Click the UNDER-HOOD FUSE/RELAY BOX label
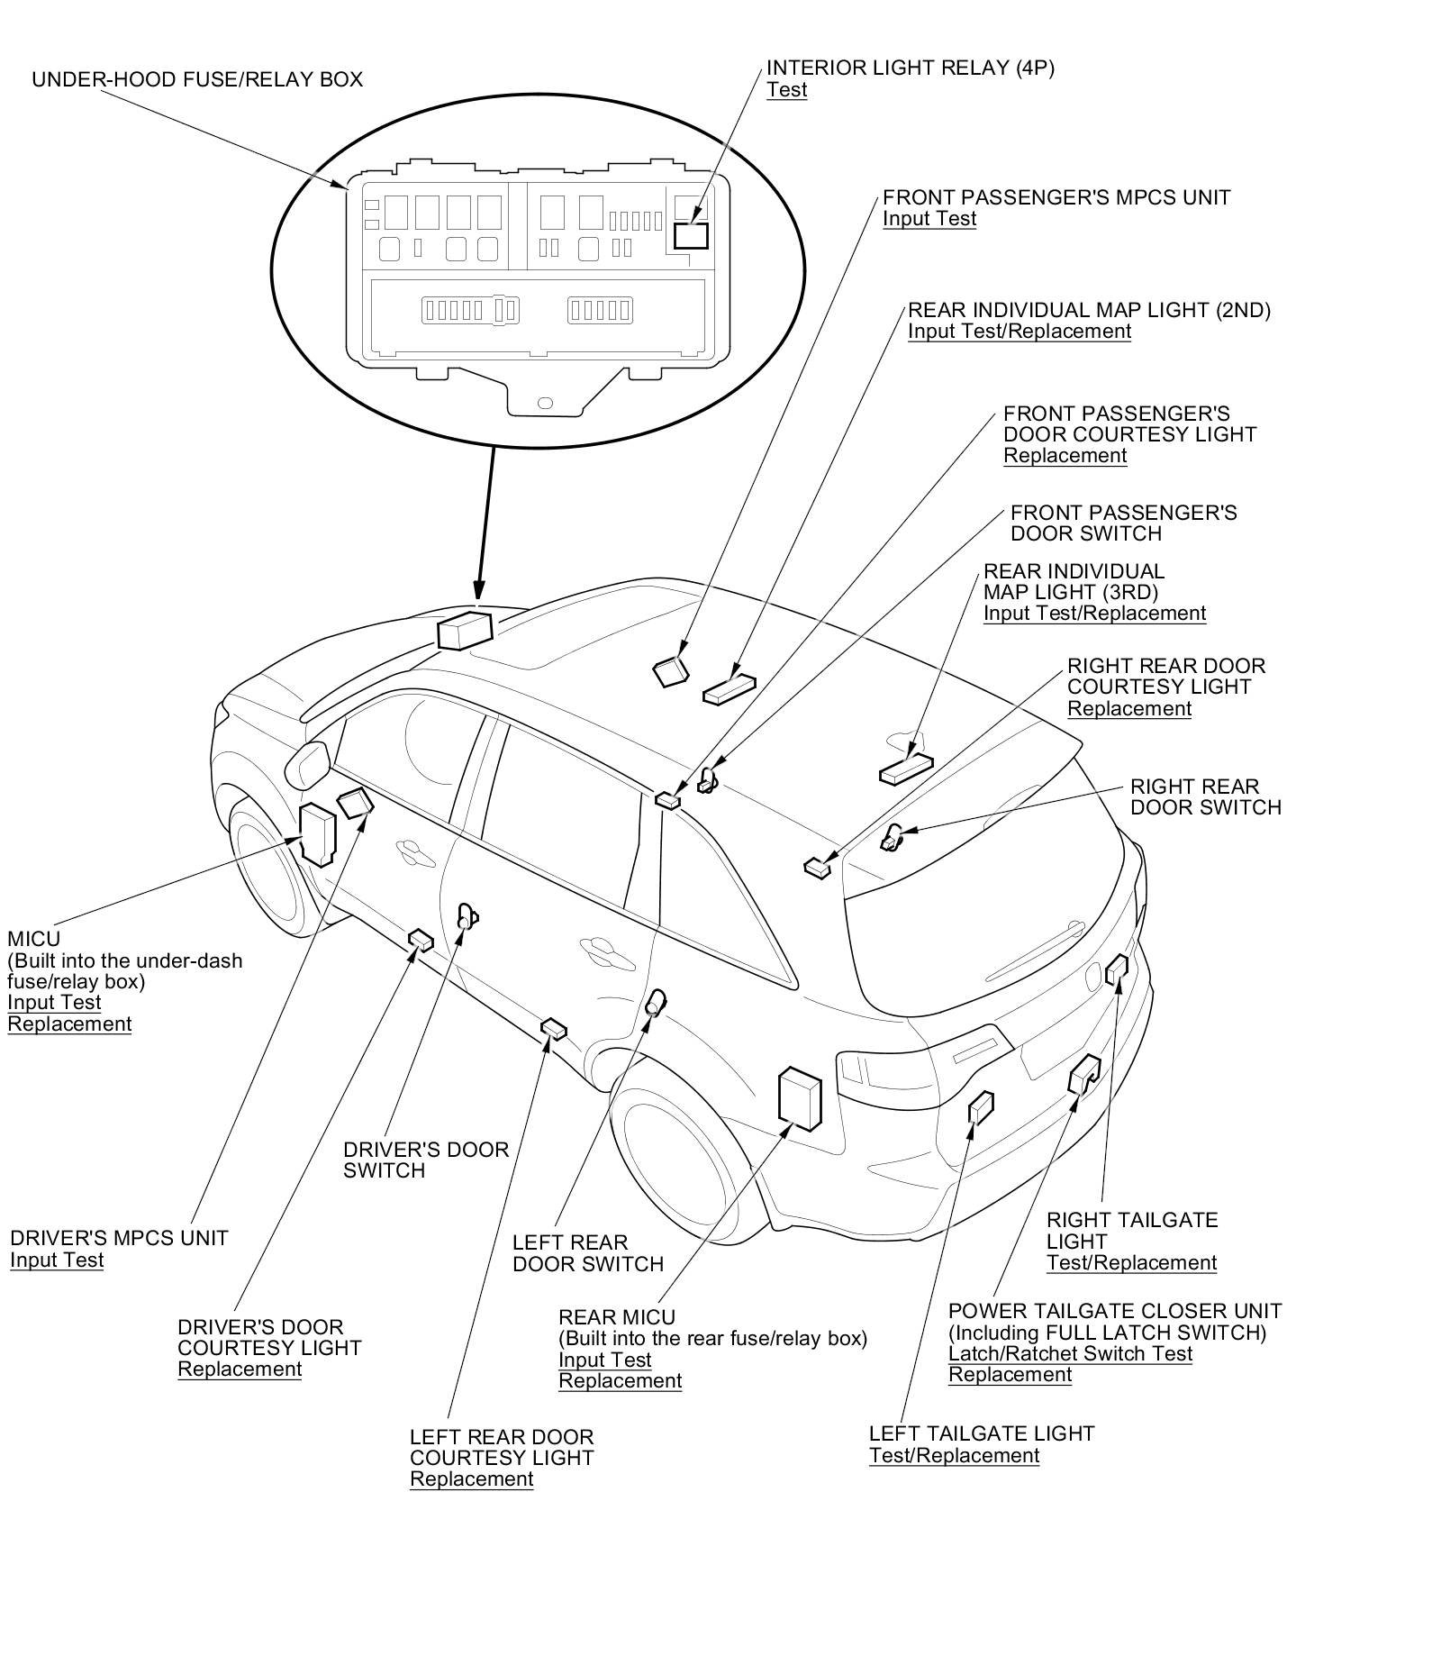click(x=197, y=79)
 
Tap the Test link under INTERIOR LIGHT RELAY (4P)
click(x=786, y=90)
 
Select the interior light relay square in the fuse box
click(x=691, y=236)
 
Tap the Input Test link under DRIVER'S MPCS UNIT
click(x=57, y=1260)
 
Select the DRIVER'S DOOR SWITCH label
click(x=426, y=1160)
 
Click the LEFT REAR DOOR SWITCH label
click(x=587, y=1252)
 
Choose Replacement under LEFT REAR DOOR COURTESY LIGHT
click(x=471, y=1479)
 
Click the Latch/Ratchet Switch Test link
click(x=1070, y=1353)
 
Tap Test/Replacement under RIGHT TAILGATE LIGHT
click(x=1131, y=1262)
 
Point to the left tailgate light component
click(x=980, y=1107)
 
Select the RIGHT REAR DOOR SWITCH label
click(x=1205, y=796)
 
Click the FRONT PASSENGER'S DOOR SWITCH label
click(x=1123, y=523)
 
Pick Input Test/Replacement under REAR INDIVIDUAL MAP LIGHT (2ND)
click(x=1019, y=331)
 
